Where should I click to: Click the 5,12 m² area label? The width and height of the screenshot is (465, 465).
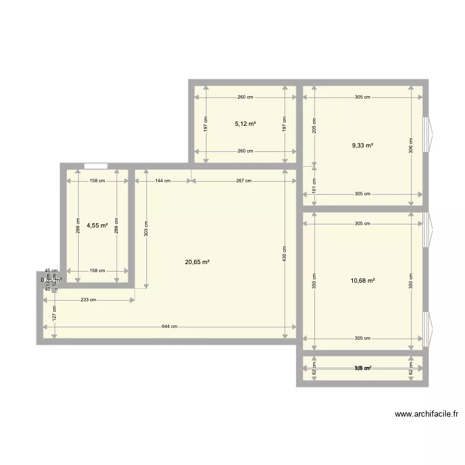245,124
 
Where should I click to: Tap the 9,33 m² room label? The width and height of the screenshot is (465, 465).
363,146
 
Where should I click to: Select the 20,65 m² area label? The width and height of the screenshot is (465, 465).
197,262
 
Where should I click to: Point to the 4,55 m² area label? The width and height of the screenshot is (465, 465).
97,226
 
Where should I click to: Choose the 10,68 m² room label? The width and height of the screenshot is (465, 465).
363,280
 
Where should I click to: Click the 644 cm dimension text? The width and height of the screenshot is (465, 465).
170,327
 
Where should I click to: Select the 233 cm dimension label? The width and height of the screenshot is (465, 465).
89,300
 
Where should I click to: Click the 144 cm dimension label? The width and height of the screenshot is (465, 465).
163,181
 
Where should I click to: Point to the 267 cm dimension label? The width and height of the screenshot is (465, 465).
244,181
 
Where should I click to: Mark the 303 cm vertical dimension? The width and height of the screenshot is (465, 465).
146,228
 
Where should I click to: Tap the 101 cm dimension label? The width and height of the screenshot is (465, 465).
314,184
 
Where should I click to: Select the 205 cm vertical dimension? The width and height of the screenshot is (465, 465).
314,126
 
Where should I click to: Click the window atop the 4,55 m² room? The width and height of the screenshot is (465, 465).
95,166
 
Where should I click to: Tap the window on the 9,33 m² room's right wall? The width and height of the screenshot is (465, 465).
426,134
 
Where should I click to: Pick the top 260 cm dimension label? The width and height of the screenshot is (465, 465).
245,97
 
